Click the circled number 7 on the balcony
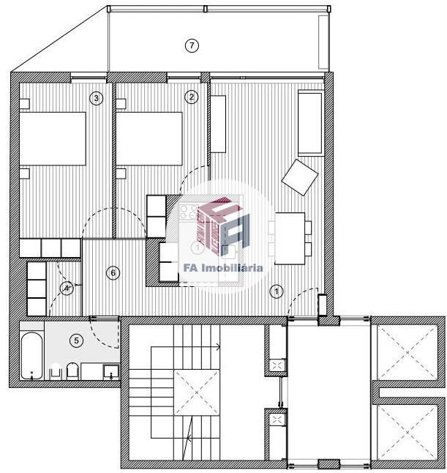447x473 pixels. tap(192, 45)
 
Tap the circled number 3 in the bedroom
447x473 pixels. tap(96, 98)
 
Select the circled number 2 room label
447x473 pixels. tap(192, 97)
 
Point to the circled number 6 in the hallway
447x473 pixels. tap(113, 273)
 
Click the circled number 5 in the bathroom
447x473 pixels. tap(76, 340)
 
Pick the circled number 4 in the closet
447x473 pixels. tap(67, 288)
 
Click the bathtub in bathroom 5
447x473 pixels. tap(31, 356)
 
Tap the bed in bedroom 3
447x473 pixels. tap(53, 139)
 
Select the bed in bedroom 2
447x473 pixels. tap(149, 139)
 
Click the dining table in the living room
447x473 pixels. tap(290, 238)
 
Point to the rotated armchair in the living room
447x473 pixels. tap(300, 177)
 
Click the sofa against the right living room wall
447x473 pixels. tap(310, 124)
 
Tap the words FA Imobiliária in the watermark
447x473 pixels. tap(223, 268)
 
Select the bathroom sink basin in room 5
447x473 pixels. tap(111, 372)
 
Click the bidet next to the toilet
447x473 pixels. tap(55, 372)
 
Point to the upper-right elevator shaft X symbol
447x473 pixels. tap(407, 353)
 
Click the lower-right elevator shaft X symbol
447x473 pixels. tap(407, 432)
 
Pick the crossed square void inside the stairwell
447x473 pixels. tap(197, 392)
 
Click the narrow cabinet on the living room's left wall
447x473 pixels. tap(218, 124)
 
